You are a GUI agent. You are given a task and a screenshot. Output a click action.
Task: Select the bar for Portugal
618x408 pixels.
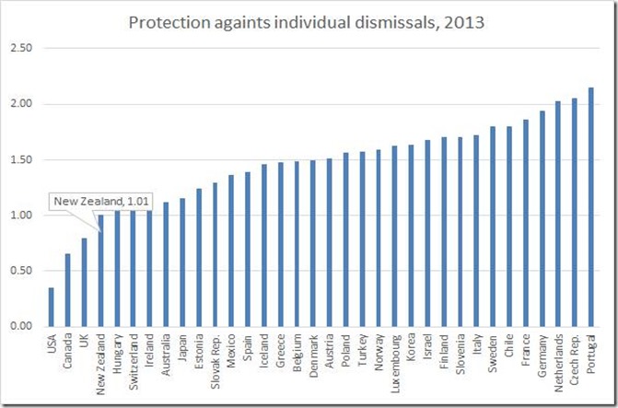(591, 207)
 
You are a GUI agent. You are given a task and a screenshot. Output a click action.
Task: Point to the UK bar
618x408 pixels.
(83, 282)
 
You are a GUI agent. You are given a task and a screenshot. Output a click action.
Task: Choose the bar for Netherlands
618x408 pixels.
(558, 214)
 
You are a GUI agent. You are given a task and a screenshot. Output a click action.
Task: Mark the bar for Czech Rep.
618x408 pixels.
(575, 212)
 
